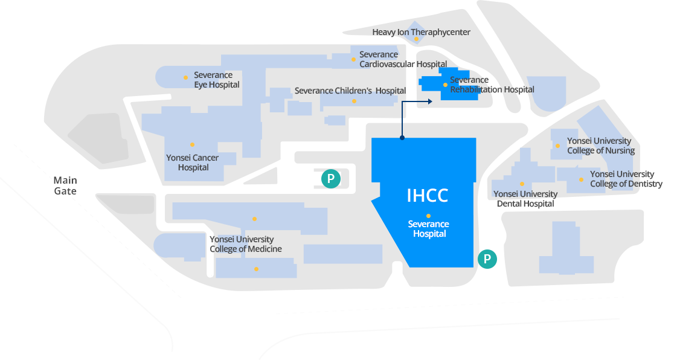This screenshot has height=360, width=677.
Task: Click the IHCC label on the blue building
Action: click(428, 195)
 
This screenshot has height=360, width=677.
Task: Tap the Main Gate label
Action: click(65, 185)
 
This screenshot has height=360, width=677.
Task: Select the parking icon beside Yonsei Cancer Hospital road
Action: click(331, 178)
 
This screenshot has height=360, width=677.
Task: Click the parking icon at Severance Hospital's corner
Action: click(487, 259)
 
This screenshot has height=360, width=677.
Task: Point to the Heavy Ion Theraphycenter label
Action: click(421, 32)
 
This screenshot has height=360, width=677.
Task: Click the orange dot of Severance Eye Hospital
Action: click(185, 77)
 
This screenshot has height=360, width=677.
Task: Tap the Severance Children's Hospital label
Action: click(350, 91)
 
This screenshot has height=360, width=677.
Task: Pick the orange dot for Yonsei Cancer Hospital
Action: click(192, 144)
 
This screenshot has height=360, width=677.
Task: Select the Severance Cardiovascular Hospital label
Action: click(403, 59)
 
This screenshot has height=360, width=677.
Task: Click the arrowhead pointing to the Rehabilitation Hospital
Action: click(429, 101)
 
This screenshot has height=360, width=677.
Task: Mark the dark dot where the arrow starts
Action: click(402, 138)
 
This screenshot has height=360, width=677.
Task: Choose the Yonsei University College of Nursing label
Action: click(600, 146)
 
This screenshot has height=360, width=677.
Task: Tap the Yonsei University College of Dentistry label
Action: click(626, 179)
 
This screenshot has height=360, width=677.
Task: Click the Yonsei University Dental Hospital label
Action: click(525, 199)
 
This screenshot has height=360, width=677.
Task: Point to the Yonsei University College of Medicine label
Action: click(245, 244)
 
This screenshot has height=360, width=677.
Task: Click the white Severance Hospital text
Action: click(429, 229)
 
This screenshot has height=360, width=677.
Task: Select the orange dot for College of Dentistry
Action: click(582, 179)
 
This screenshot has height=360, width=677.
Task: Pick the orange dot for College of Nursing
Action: click(557, 146)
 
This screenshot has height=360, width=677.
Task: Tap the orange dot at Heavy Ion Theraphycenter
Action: click(416, 39)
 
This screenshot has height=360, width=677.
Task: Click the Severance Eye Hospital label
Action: click(216, 80)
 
